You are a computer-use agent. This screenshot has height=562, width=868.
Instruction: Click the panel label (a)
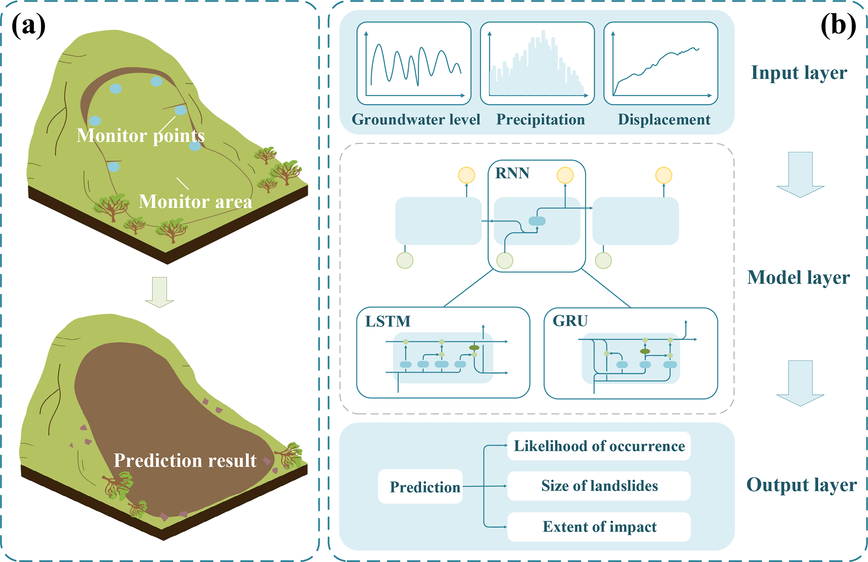point(29,26)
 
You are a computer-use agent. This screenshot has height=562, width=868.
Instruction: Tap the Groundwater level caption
point(416,120)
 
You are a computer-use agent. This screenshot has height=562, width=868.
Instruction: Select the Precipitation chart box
point(537,63)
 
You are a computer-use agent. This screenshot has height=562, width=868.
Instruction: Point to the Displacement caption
point(664,120)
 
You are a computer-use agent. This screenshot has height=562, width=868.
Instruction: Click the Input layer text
point(799,73)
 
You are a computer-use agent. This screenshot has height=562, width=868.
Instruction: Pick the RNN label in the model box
point(512,173)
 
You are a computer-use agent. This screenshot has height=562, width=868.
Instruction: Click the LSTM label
point(388,321)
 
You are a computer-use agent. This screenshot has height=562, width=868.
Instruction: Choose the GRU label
point(570,321)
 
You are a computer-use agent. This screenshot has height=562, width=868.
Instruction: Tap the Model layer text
point(798,277)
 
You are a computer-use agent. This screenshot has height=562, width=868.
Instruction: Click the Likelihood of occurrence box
point(599,446)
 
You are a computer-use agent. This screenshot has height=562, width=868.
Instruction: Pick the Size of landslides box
point(599,486)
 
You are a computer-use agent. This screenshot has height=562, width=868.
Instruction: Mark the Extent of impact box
point(599,526)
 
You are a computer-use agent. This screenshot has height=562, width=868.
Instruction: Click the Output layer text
point(801,485)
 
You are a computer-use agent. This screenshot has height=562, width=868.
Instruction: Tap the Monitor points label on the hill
point(140,136)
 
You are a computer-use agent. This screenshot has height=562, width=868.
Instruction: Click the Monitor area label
point(195,201)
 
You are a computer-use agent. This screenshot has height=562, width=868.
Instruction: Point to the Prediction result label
point(185,460)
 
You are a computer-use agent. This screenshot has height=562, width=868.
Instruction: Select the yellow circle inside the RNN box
point(565,175)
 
